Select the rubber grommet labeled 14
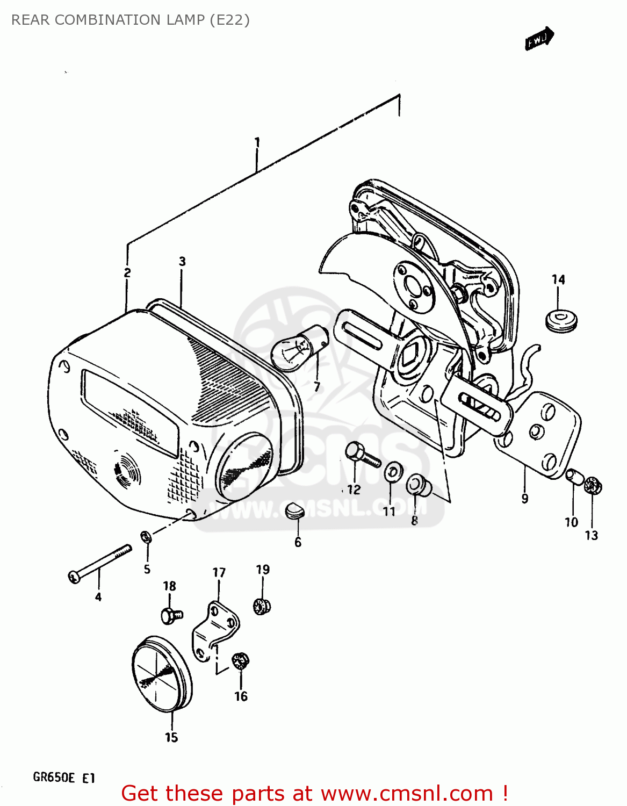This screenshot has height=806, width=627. (561, 320)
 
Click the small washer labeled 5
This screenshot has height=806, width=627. (146, 536)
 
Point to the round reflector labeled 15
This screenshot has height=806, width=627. (162, 674)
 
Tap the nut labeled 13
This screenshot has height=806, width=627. (593, 486)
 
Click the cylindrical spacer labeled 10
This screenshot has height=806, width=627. (574, 477)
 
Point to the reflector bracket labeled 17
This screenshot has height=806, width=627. (215, 631)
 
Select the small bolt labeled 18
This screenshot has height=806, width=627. (171, 615)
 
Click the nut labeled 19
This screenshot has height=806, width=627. (262, 606)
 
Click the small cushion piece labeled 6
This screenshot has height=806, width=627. (294, 510)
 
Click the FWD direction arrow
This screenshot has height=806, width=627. (539, 39)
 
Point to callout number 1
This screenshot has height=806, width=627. (257, 142)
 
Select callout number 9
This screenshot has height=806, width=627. (525, 498)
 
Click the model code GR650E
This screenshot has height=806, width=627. (54, 778)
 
